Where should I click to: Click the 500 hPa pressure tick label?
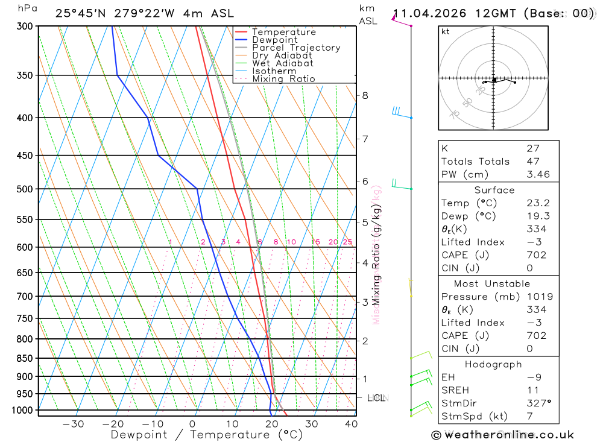[x=25, y=189]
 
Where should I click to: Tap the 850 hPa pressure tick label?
[x=25, y=358]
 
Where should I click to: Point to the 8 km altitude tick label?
[x=365, y=95]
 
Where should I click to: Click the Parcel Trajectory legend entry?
[x=295, y=48]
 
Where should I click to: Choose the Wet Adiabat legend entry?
[x=282, y=63]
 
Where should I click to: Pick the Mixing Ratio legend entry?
[x=283, y=79]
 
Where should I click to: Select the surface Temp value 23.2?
[x=536, y=203]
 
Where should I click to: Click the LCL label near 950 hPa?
[x=376, y=398]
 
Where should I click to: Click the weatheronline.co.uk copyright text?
[x=503, y=435]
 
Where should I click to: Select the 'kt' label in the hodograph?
[x=446, y=31]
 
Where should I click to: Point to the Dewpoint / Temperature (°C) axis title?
[x=207, y=435]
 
